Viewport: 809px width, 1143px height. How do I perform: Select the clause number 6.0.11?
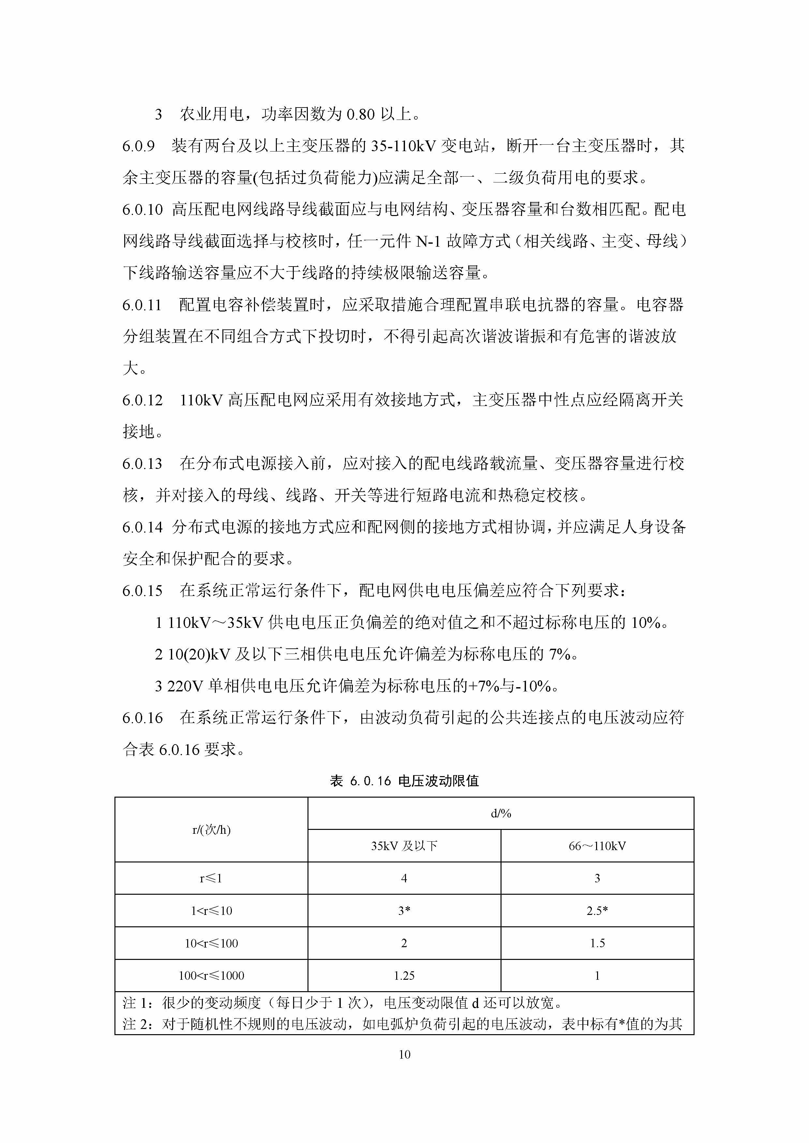tap(142, 305)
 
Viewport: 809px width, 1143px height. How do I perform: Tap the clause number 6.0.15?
tap(142, 591)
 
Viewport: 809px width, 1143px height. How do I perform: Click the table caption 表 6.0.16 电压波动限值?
tap(404, 781)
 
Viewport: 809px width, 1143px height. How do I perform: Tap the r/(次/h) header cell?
tap(211, 829)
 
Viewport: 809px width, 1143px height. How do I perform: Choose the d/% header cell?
tap(501, 814)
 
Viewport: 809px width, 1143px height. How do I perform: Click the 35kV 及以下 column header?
tap(404, 846)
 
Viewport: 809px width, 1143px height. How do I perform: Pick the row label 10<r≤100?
tap(211, 943)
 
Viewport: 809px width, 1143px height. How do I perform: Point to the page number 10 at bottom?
tap(404, 1054)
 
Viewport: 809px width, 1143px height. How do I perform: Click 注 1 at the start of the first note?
tap(136, 1003)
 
